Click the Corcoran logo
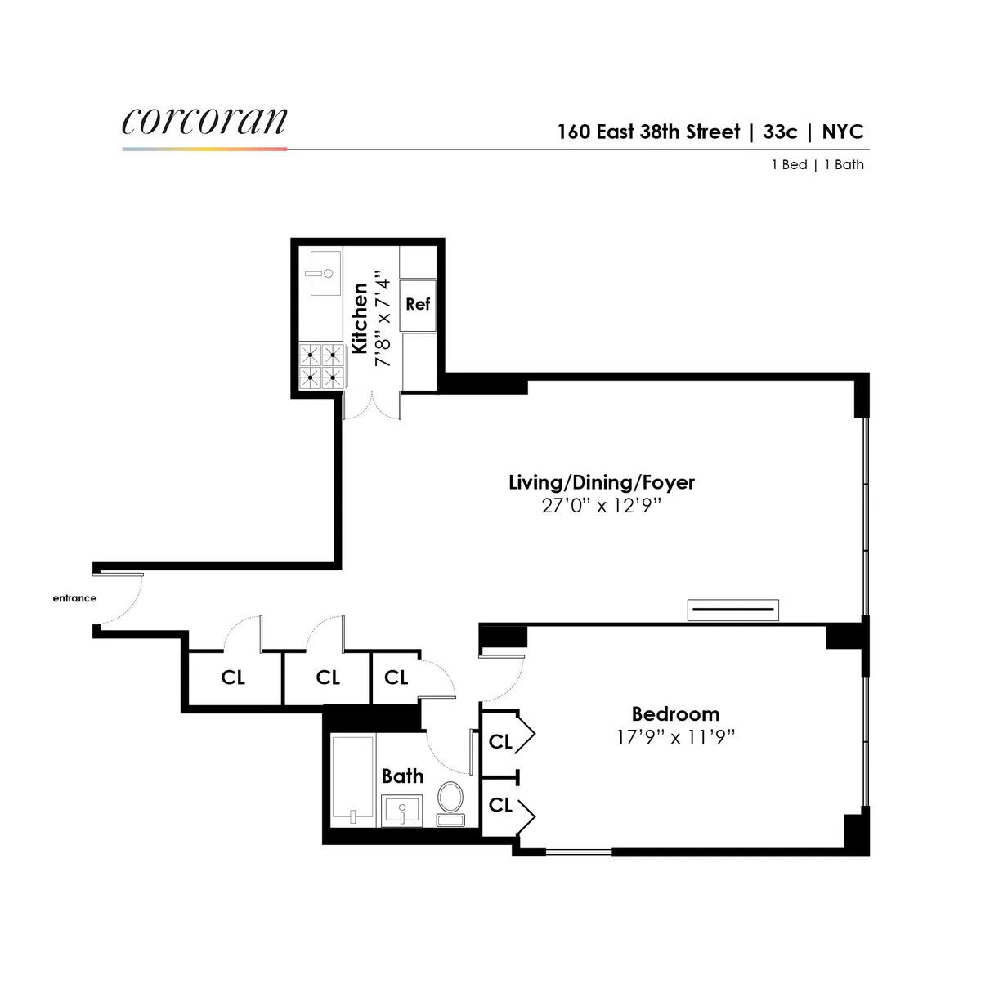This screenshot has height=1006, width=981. coord(204,121)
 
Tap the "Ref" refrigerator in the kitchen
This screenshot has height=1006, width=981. coord(418,304)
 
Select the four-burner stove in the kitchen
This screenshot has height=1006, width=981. coord(321,365)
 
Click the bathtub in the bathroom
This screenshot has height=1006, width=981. coord(353,780)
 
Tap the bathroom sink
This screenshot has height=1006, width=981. coord(401,810)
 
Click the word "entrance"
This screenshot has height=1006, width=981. coord(74,598)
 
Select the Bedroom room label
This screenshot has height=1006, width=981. coord(675,713)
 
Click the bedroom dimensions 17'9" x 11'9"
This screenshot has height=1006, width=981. coord(675,738)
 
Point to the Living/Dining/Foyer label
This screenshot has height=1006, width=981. coord(602,482)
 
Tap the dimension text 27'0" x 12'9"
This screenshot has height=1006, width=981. coord(601,506)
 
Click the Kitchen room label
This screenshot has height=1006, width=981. coord(360,319)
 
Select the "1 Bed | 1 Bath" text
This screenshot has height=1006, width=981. coord(817,164)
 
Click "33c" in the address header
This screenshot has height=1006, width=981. coord(780,132)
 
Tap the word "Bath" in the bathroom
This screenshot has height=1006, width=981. coord(402,776)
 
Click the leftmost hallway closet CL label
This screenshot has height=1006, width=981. coord(233,677)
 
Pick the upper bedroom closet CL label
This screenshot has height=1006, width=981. coord(500,741)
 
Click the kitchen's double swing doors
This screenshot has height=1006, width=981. coord(372,406)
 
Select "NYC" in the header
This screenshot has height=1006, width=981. coord(843,132)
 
